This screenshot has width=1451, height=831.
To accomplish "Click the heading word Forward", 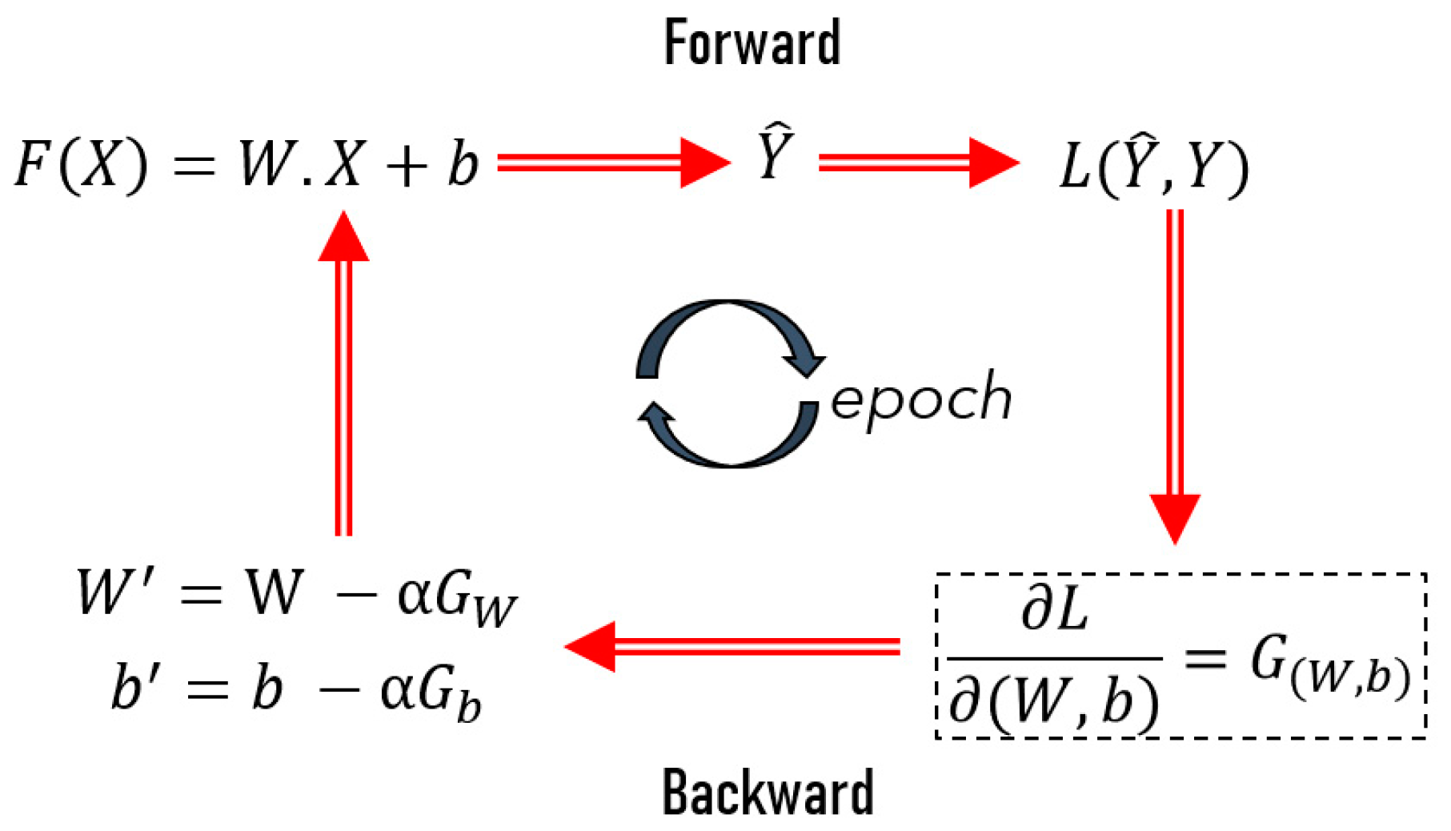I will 752,43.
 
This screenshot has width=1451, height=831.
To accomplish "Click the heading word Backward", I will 768,793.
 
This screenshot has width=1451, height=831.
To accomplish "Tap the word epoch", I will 920,399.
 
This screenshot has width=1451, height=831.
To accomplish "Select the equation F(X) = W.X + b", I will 247,165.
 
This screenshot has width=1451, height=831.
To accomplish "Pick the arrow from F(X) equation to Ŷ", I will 613,163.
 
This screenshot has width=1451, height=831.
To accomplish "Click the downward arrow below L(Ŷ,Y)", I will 1175,376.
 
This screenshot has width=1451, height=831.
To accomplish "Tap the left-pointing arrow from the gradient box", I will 732,646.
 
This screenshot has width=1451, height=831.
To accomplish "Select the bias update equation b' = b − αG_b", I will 296,690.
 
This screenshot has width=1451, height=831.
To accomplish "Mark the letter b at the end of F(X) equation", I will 463,165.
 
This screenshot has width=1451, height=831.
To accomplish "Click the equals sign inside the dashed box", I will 1205,660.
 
